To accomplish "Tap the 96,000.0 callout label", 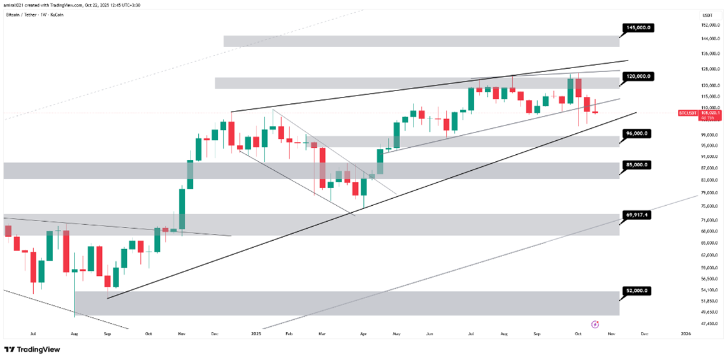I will point(637,134).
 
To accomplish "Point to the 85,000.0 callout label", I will point(637,164).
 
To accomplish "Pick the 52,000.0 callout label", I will point(637,291).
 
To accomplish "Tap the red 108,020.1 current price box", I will point(710,113).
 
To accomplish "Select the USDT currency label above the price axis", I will point(706,15).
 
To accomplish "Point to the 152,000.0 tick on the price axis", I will point(710,25).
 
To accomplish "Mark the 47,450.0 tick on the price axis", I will point(709,324).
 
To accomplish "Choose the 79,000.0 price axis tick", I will point(709,192).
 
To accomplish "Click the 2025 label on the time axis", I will point(256,333).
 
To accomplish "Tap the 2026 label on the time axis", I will point(686,333).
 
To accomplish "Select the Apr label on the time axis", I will point(363,333).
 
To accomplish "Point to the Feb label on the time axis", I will point(288,333).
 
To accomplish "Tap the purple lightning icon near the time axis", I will point(594,324).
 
